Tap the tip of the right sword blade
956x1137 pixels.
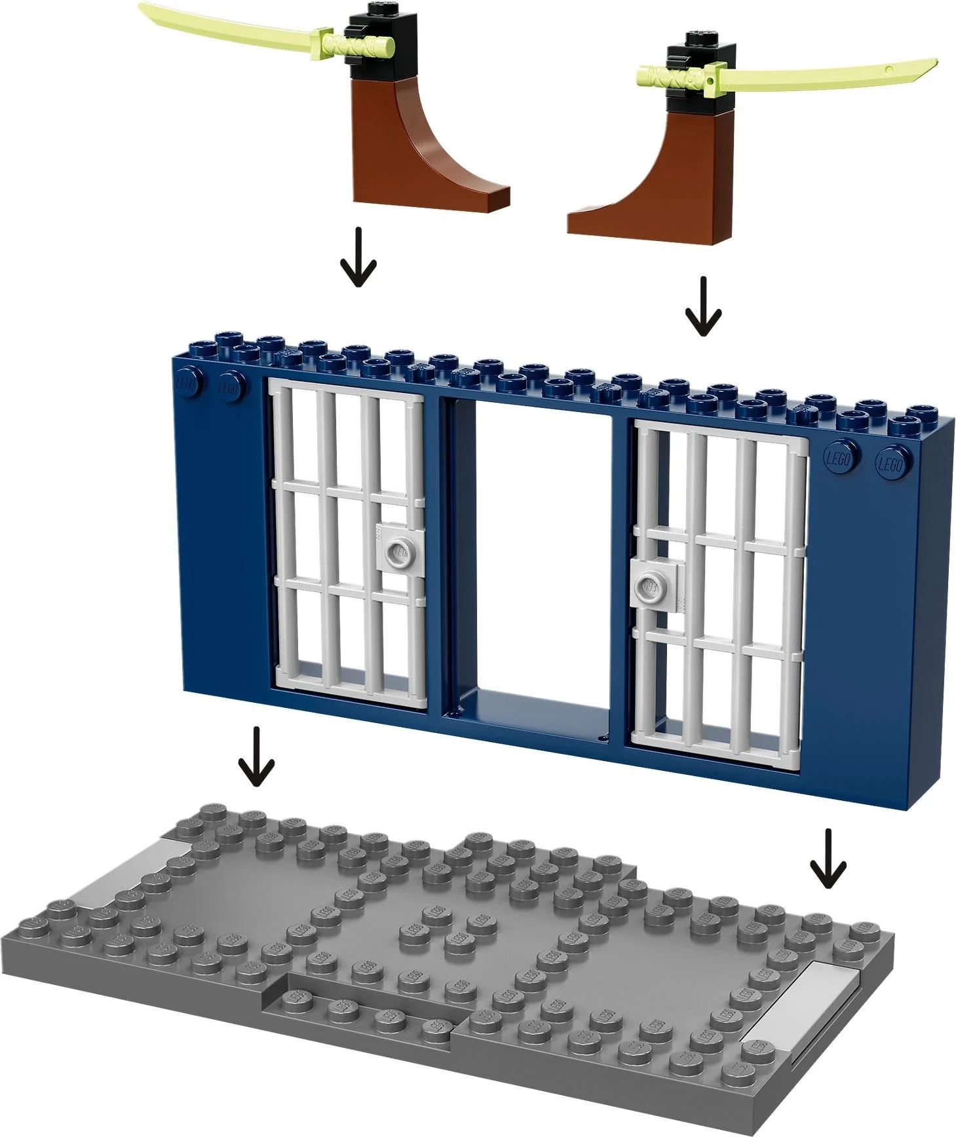[934, 64]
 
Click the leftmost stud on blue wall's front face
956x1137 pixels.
[187, 385]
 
